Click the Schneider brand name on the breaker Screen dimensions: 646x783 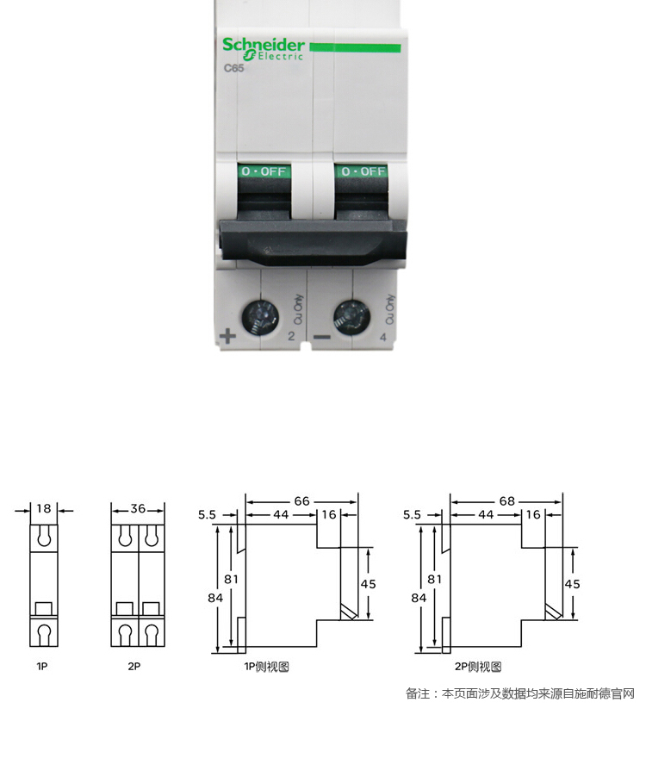coord(263,45)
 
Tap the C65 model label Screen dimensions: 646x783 coord(233,68)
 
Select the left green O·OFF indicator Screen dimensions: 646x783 coord(264,171)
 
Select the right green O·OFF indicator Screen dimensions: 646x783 coord(363,171)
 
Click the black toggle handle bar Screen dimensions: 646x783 coord(313,243)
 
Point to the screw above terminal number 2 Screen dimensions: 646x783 coord(260,318)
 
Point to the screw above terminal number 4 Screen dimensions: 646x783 coord(351,318)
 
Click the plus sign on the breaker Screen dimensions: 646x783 coord(227,336)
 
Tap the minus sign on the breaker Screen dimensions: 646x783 coord(321,338)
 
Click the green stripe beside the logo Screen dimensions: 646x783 coord(355,47)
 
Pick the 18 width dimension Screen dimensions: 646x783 coord(44,508)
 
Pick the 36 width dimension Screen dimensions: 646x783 coord(138,508)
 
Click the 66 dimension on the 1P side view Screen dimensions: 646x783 coord(301,500)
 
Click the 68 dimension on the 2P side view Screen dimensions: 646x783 coord(506,500)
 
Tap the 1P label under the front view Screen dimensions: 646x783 coord(42,666)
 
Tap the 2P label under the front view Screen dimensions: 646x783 coord(134,666)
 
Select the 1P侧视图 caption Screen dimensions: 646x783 coord(267,667)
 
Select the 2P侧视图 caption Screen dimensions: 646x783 coord(478,667)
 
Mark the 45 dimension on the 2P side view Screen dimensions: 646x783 coord(572,584)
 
